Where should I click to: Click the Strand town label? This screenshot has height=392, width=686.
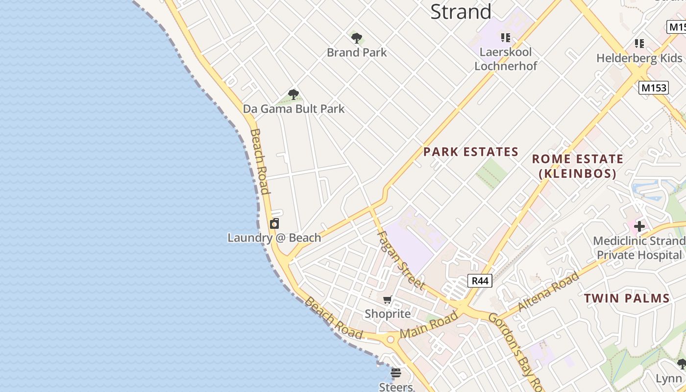pos(461,12)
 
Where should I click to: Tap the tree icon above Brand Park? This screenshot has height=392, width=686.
pos(357,38)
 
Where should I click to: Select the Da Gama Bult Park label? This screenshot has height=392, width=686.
pos(294,109)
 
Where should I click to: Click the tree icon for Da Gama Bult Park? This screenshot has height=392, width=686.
pos(294,95)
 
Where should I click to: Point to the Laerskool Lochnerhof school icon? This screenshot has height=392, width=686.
pos(506,37)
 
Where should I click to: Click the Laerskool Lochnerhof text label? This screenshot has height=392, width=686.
pos(506,59)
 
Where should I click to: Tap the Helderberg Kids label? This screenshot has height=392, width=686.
pos(639,58)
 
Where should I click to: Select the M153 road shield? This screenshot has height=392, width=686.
pos(654,88)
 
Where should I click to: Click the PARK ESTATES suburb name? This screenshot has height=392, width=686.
pos(470,152)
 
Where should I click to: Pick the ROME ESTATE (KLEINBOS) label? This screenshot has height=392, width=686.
pos(577,166)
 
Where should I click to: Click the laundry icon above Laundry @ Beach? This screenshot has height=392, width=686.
pos(274,223)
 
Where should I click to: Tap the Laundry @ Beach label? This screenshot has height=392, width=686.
pos(274,238)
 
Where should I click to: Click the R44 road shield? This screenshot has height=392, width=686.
pos(480,281)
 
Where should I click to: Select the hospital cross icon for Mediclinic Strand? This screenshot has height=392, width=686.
pos(639,226)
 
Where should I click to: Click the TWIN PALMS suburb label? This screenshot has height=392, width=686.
pos(627,298)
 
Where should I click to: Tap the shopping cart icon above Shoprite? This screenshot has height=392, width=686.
pos(388,299)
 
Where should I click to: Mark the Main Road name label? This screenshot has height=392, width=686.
pos(430,325)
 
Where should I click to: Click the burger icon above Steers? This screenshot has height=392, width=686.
pos(396,373)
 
